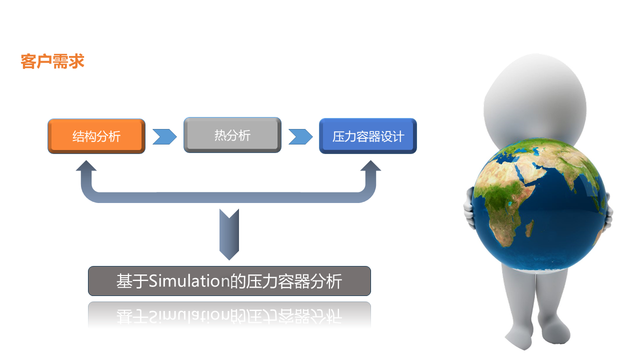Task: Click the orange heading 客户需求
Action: (x=52, y=61)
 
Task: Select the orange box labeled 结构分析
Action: (x=96, y=136)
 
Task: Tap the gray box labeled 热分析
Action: (x=232, y=135)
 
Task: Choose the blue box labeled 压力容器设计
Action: (x=368, y=136)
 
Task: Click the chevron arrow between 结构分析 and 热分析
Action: (x=164, y=136)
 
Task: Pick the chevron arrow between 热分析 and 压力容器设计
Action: (x=300, y=136)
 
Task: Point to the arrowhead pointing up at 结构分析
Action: (x=86, y=167)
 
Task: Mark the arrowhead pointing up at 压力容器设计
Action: (x=371, y=167)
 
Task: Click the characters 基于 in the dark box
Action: (x=132, y=281)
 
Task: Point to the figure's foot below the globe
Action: (x=520, y=335)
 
